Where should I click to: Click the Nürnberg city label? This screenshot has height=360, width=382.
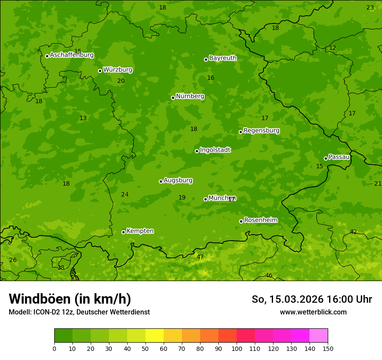click(190, 96)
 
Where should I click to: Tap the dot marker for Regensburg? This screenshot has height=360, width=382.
click(240, 132)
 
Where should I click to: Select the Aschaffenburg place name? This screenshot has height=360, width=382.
click(72, 55)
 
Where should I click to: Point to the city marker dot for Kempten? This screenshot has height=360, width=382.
click(123, 232)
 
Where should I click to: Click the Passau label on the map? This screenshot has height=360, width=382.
click(339, 157)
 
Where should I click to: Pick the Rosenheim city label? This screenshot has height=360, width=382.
click(260, 220)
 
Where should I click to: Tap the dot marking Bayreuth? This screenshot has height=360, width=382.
click(206, 59)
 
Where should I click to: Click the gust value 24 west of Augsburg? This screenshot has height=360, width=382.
click(125, 194)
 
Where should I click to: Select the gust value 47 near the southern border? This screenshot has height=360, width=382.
click(200, 257)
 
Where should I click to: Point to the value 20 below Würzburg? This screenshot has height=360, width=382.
click(121, 81)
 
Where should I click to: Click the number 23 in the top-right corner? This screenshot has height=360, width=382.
click(370, 7)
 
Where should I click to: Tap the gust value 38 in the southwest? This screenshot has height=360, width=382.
click(61, 268)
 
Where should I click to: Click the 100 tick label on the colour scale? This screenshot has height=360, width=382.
click(237, 348)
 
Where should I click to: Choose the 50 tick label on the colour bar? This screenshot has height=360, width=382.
click(145, 348)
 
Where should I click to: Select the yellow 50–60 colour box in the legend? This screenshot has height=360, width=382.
click(155, 336)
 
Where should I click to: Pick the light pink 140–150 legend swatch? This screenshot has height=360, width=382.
click(319, 336)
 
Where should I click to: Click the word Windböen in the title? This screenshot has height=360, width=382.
click(40, 299)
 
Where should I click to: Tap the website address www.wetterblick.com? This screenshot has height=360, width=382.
click(313, 312)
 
